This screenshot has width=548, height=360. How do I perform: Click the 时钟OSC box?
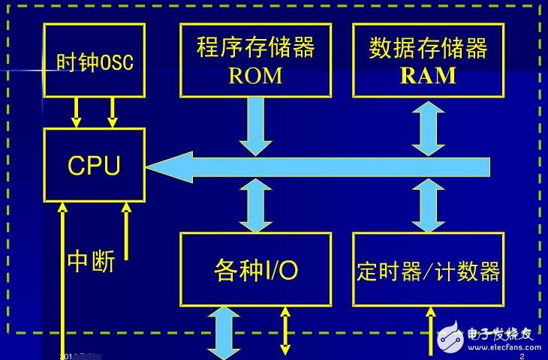pos(95,60)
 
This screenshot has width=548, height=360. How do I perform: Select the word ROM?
pos(255,76)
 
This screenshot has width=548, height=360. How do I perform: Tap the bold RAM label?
pos(428,76)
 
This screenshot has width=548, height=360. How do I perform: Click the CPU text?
pos(94,166)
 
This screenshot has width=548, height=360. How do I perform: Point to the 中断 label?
pos(91,262)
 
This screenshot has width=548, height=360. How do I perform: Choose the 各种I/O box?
pos(255,269)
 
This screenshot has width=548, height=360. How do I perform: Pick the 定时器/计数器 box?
pos(428,269)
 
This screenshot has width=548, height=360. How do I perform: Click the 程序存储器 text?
pos(255,48)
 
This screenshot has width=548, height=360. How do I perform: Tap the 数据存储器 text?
pos(428,48)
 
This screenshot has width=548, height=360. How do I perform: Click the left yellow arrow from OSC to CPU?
pos(75,112)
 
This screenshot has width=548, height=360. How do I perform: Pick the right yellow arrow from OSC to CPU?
pos(113,112)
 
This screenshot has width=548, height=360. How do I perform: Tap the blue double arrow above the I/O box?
pos(256,205)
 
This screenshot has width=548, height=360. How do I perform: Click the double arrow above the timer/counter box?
pos(428,205)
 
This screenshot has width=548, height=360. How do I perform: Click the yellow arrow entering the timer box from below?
pos(430,330)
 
